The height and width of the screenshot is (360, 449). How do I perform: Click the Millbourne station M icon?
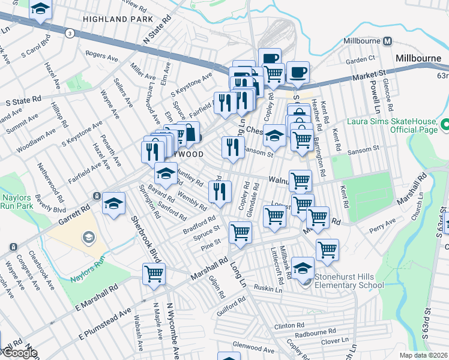388,41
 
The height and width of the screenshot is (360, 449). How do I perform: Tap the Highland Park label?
118,19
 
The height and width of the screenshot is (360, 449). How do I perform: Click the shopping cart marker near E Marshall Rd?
154,274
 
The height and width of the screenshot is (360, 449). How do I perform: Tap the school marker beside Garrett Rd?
113,203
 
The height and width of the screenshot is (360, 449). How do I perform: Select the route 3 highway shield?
71,33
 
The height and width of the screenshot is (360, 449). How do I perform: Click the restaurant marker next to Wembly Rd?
220,191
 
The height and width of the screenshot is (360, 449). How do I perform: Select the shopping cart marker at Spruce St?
240,233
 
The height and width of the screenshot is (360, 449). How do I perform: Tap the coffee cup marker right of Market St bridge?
298,73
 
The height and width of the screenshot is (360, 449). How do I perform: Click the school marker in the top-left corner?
40,9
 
